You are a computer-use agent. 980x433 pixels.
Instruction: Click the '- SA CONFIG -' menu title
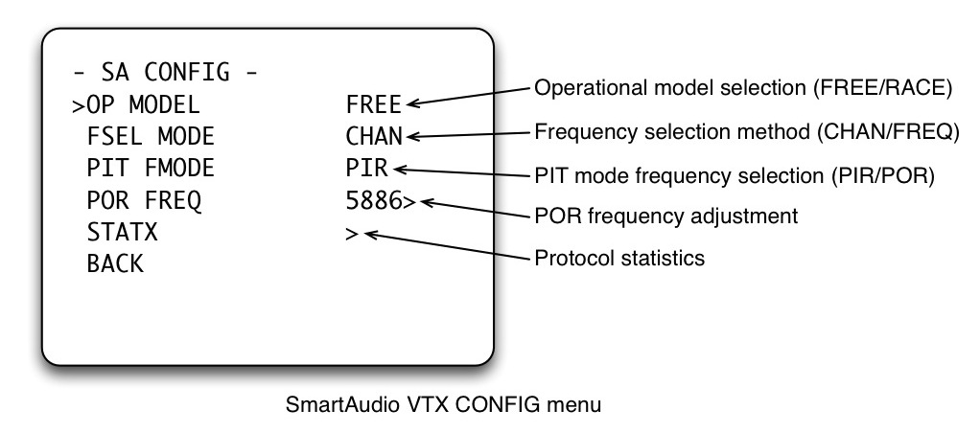pyautogui.click(x=165, y=71)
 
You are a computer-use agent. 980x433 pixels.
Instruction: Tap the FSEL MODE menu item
pyautogui.click(x=151, y=136)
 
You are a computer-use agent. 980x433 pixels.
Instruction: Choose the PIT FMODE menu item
pyautogui.click(x=151, y=169)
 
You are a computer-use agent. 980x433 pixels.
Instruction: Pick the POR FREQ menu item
pyautogui.click(x=144, y=201)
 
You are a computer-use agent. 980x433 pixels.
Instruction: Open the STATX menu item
pyautogui.click(x=122, y=233)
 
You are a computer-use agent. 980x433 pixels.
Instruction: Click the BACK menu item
pyautogui.click(x=115, y=264)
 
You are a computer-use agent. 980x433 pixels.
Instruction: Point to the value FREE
pyautogui.click(x=373, y=103)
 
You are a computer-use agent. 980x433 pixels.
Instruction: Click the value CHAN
pyautogui.click(x=373, y=136)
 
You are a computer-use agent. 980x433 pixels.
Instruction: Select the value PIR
pyautogui.click(x=366, y=169)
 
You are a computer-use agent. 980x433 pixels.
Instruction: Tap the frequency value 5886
pyautogui.click(x=373, y=201)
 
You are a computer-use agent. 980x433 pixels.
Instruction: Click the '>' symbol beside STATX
pyautogui.click(x=352, y=233)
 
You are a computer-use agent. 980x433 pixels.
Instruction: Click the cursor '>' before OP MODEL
pyautogui.click(x=78, y=104)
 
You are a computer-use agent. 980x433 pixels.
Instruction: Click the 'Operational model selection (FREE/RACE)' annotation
pyautogui.click(x=742, y=88)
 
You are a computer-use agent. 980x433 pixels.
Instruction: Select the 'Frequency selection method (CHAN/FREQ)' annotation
pyautogui.click(x=745, y=131)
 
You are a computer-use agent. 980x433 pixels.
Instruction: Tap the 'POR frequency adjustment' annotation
pyautogui.click(x=665, y=216)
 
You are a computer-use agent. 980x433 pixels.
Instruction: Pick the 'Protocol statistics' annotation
pyautogui.click(x=619, y=259)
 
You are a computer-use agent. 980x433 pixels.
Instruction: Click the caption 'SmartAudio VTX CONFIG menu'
pyautogui.click(x=443, y=404)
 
